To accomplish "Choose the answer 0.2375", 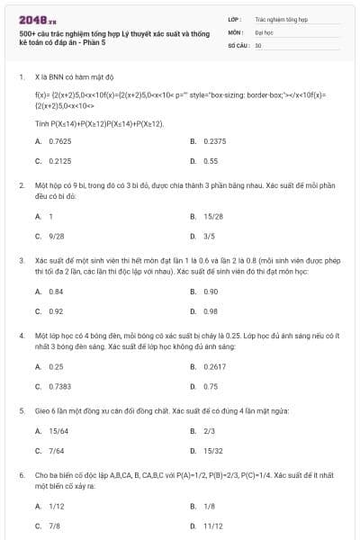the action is click(x=214, y=141).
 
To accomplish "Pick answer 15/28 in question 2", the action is click(x=212, y=217).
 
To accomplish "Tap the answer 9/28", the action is click(x=56, y=236).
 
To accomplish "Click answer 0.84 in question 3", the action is click(x=56, y=292).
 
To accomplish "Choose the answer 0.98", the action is click(x=211, y=311).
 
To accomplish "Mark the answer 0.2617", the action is click(x=214, y=367).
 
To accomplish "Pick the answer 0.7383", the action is click(x=59, y=386).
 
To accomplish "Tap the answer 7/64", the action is click(x=56, y=450).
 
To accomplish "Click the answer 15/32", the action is click(x=212, y=450).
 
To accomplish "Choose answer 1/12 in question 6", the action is click(x=56, y=506).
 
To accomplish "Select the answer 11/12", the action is click(x=212, y=525).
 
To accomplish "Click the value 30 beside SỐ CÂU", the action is click(x=258, y=45).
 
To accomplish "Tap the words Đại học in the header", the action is click(x=265, y=31).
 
